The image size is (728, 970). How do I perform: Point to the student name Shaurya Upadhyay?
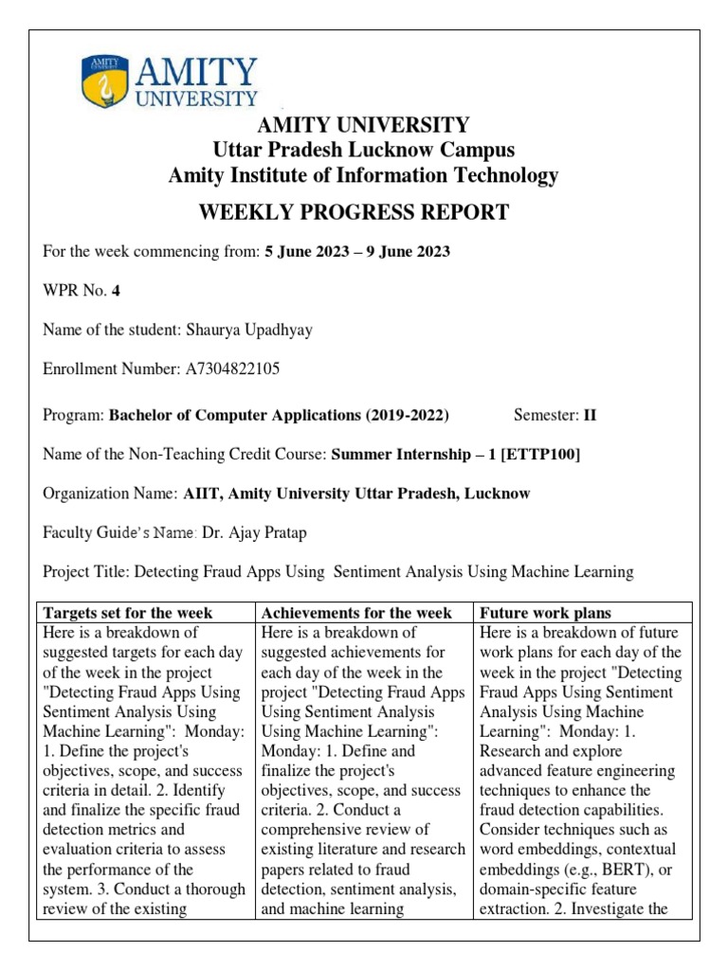pyautogui.click(x=250, y=330)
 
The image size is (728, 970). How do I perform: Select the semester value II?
pyautogui.click(x=590, y=415)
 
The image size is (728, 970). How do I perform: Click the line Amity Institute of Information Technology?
pyautogui.click(x=363, y=175)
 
